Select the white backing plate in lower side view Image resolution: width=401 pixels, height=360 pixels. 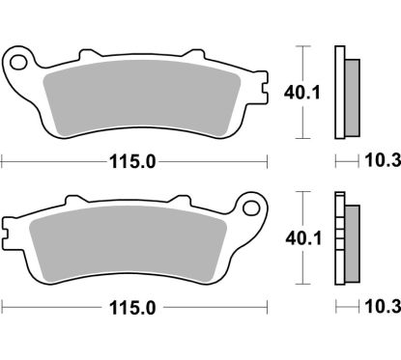coord(339,241)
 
